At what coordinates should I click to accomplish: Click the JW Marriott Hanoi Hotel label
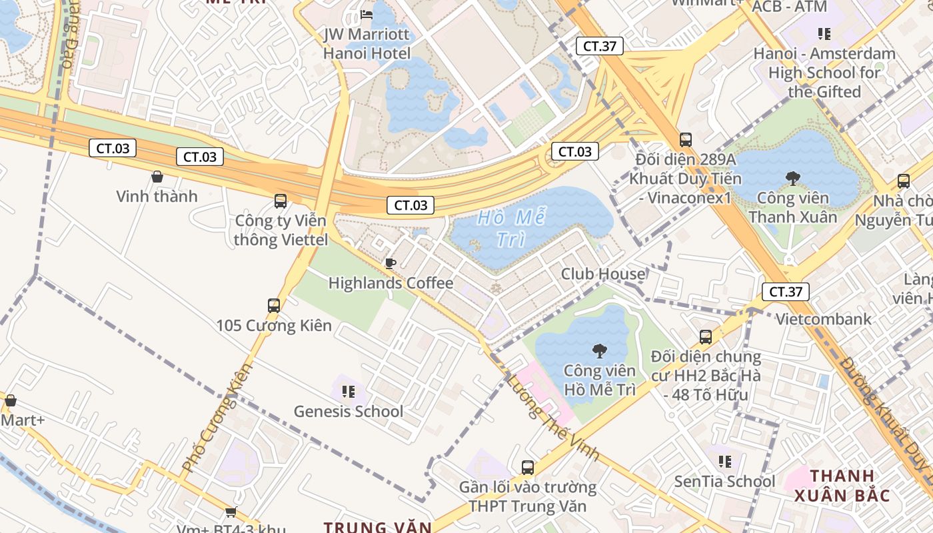tap(367, 43)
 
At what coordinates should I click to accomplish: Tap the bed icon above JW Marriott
tap(367, 14)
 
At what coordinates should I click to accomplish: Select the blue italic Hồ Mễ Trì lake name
tap(512, 229)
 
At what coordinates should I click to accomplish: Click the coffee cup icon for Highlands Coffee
tap(391, 264)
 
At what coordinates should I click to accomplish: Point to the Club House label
tap(603, 274)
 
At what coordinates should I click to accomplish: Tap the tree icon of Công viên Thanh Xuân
tap(792, 179)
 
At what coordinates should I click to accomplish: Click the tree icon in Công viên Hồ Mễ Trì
tap(599, 351)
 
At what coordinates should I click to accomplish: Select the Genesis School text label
tap(349, 411)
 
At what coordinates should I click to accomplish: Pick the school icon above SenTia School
tap(725, 462)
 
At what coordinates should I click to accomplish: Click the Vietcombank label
tap(823, 319)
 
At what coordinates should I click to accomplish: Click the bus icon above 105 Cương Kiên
tap(274, 306)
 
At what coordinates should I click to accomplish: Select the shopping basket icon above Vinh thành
tap(157, 177)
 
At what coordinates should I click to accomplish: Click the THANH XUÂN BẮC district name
tap(842, 486)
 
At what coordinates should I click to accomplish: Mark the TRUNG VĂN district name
tap(378, 527)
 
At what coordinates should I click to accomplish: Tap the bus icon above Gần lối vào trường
tap(528, 467)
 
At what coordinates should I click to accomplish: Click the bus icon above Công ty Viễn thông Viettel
tap(281, 201)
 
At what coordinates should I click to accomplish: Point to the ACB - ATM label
tap(789, 7)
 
